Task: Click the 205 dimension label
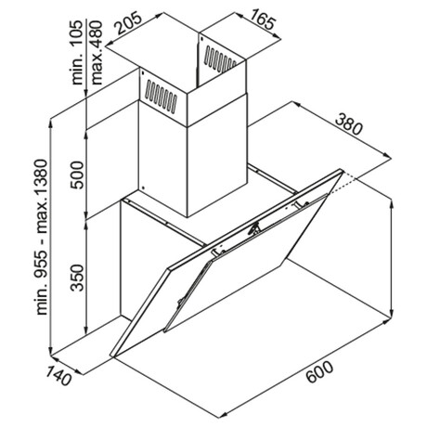pyautogui.click(x=129, y=23)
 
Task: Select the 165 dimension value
pyautogui.click(x=263, y=19)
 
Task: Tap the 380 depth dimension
pyautogui.click(x=348, y=123)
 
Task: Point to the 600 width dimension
pyautogui.click(x=320, y=372)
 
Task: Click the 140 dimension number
pyautogui.click(x=58, y=376)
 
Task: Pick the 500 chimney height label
pyautogui.click(x=77, y=175)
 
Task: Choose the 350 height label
pyautogui.click(x=77, y=278)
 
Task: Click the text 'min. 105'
pyautogui.click(x=77, y=52)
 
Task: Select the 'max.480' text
pyautogui.click(x=97, y=53)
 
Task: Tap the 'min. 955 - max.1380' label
pyautogui.click(x=42, y=238)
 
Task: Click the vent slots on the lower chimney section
pyautogui.click(x=162, y=97)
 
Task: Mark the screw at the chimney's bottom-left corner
pyautogui.click(x=143, y=188)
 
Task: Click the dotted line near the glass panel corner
pyautogui.click(x=341, y=184)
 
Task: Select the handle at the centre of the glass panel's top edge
pyautogui.click(x=255, y=227)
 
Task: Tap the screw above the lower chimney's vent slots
pyautogui.click(x=143, y=73)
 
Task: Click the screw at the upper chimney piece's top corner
pyautogui.click(x=201, y=39)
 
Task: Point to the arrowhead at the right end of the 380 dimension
pyautogui.click(x=387, y=156)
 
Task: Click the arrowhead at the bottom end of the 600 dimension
pyautogui.click(x=224, y=415)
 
